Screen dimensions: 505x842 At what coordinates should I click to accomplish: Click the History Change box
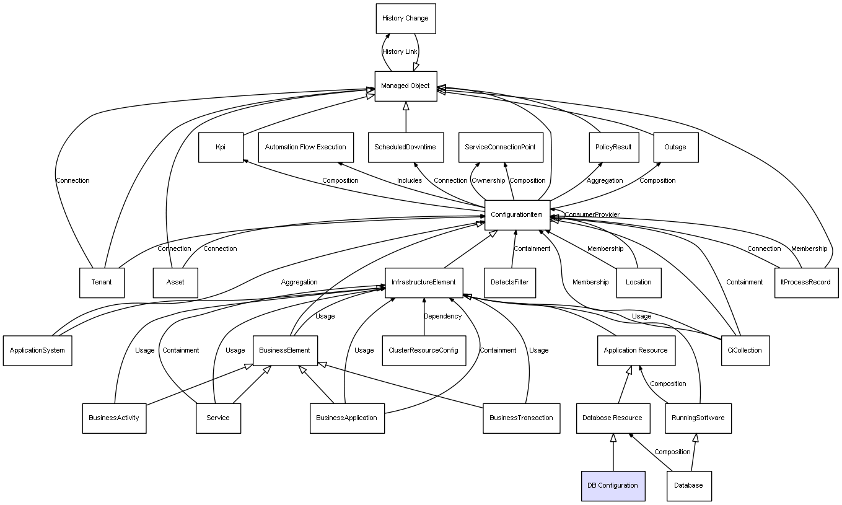(406, 19)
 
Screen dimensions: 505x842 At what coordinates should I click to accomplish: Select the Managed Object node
(406, 86)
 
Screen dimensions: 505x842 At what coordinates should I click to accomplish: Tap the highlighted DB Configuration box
(613, 486)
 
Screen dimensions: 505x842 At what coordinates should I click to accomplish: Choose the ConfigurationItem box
(517, 215)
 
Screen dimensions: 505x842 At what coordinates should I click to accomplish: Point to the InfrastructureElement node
(424, 283)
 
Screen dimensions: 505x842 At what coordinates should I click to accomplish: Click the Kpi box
(221, 147)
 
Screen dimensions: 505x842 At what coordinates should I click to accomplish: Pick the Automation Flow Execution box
(305, 147)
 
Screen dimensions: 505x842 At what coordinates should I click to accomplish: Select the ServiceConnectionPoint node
(501, 147)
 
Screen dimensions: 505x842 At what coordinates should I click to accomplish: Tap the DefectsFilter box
(509, 283)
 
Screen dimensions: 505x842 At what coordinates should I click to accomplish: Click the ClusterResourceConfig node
(424, 351)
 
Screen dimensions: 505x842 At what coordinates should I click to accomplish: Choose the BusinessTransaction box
(521, 418)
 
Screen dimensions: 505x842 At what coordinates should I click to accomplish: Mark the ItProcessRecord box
(806, 283)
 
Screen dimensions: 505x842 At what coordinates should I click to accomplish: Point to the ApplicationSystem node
(37, 351)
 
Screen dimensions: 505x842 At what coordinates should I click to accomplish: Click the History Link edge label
(400, 52)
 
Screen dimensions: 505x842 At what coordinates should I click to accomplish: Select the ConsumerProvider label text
(592, 215)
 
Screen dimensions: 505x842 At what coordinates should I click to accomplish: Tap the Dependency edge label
(442, 317)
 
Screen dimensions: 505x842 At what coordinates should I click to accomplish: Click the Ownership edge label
(488, 181)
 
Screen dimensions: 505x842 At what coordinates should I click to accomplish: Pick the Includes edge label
(410, 181)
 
